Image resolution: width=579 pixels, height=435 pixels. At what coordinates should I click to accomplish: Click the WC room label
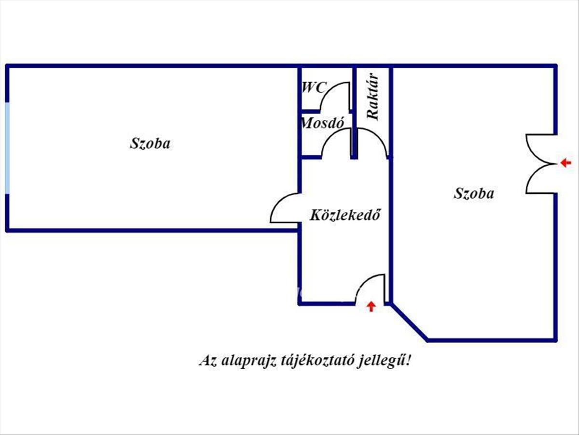pyautogui.click(x=314, y=87)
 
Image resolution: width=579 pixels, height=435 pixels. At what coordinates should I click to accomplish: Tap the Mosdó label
pyautogui.click(x=322, y=123)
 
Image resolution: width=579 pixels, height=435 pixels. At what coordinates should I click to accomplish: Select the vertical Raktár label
pyautogui.click(x=372, y=96)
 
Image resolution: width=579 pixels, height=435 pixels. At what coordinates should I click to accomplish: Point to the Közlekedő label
pyautogui.click(x=345, y=215)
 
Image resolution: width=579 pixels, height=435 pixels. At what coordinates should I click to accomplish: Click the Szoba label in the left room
pyautogui.click(x=150, y=144)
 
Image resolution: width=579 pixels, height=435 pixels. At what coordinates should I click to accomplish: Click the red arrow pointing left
pyautogui.click(x=565, y=163)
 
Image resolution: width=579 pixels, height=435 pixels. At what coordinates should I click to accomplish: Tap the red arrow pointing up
pyautogui.click(x=372, y=306)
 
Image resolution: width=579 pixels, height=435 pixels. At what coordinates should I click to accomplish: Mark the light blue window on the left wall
pyautogui.click(x=8, y=148)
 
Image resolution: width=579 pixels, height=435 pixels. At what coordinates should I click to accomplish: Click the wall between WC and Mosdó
pyautogui.click(x=311, y=111)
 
